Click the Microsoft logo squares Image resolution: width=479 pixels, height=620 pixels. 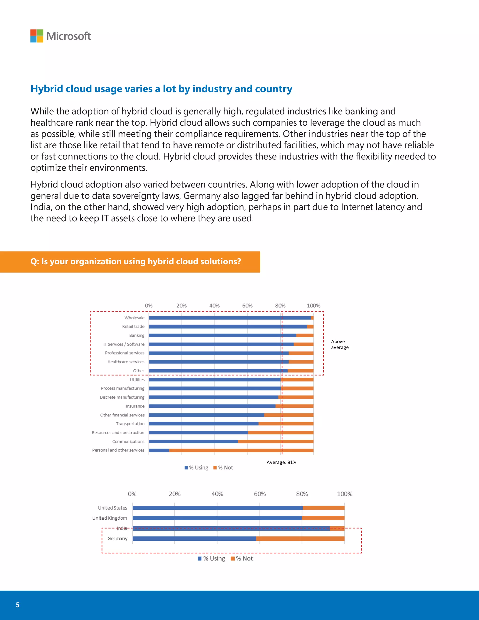(37, 36)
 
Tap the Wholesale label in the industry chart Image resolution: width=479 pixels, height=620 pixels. (134, 318)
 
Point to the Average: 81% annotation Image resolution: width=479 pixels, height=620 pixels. (281, 462)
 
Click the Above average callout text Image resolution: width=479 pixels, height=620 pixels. (339, 344)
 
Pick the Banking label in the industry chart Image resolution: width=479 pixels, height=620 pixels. (137, 335)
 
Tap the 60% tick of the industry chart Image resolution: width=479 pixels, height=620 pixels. (247, 306)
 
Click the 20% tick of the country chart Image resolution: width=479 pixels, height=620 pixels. (174, 494)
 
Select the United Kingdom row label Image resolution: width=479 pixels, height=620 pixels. (109, 518)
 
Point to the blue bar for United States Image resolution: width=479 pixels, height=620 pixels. (217, 508)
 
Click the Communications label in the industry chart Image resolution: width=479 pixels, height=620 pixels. (128, 441)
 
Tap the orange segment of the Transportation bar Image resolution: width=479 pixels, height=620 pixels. (286, 423)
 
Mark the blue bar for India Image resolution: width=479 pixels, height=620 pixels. (231, 528)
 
